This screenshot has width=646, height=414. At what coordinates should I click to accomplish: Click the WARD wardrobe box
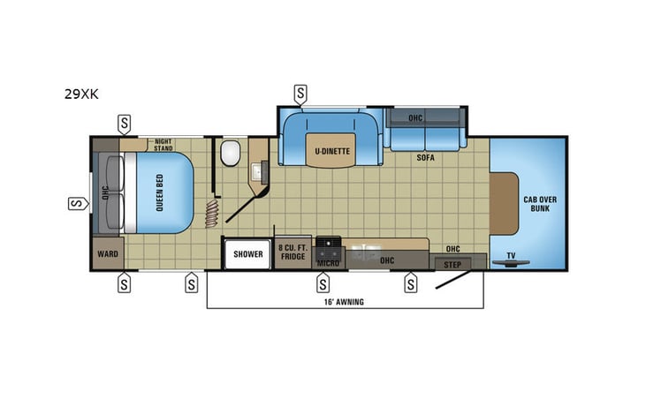click(x=108, y=253)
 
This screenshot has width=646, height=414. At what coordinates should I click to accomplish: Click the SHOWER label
click(x=248, y=254)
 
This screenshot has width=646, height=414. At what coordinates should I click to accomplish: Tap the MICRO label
click(x=328, y=261)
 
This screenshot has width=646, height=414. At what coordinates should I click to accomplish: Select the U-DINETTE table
click(x=332, y=151)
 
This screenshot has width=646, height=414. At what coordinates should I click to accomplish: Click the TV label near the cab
click(x=510, y=256)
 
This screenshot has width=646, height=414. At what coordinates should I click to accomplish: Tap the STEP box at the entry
click(x=452, y=264)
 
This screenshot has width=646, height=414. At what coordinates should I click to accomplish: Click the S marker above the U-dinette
click(x=301, y=92)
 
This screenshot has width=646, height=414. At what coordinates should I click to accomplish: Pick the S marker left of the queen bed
click(x=76, y=205)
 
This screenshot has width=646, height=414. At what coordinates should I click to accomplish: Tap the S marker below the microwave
click(x=323, y=283)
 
